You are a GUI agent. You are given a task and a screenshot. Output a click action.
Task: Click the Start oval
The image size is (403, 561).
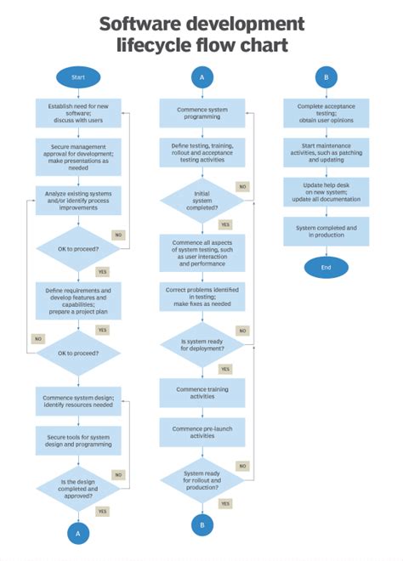78,77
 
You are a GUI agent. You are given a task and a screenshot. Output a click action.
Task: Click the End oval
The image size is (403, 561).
326,268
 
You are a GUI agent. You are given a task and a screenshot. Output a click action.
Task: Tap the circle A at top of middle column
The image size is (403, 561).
202,77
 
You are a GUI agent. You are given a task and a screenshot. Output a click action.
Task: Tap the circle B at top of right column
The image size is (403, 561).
326,77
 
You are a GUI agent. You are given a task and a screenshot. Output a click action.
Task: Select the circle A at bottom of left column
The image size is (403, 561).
78,533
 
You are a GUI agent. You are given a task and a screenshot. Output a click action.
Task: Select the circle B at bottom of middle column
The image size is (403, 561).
202,524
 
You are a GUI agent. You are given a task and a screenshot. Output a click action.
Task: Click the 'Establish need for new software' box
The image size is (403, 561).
78,112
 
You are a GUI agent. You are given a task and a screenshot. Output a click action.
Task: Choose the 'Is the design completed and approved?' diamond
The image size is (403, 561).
78,490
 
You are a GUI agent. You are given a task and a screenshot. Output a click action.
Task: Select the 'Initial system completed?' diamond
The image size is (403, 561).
202,201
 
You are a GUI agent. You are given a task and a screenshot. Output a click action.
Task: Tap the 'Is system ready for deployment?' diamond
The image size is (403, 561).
202,344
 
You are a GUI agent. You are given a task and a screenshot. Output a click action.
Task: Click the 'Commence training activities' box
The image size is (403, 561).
202,393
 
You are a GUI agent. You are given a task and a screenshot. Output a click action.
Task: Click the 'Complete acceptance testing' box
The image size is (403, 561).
326,112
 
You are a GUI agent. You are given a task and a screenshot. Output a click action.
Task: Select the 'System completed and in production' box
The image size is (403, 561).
326,231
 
